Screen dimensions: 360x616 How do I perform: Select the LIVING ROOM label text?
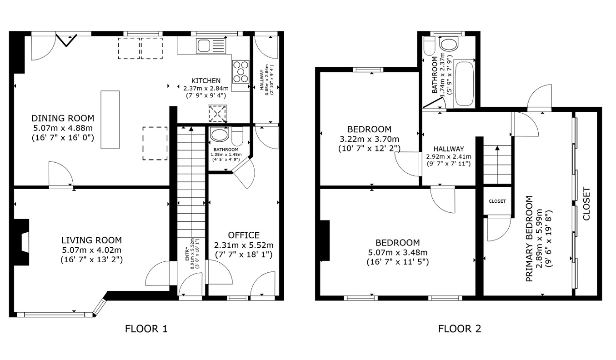[x=91, y=240]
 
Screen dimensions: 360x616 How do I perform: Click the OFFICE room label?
[x=244, y=235]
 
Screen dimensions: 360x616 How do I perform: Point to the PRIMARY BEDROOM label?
[x=529, y=239]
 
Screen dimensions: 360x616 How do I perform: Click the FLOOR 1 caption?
[x=146, y=329]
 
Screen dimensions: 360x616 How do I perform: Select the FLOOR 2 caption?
[x=459, y=329]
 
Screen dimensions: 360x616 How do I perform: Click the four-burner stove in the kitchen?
[x=241, y=71]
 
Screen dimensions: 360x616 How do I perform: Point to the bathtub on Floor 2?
[x=465, y=84]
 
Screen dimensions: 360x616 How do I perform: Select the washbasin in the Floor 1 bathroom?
[x=220, y=135]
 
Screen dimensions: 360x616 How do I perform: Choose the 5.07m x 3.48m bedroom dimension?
[x=398, y=253]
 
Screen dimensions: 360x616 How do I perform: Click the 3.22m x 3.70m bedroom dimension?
[x=369, y=139]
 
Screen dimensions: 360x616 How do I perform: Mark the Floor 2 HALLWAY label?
[x=448, y=149]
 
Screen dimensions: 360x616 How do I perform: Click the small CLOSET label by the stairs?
[x=497, y=201]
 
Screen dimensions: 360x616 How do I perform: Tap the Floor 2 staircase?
[x=497, y=164]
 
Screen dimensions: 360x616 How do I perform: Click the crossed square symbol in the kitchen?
[x=217, y=114]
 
